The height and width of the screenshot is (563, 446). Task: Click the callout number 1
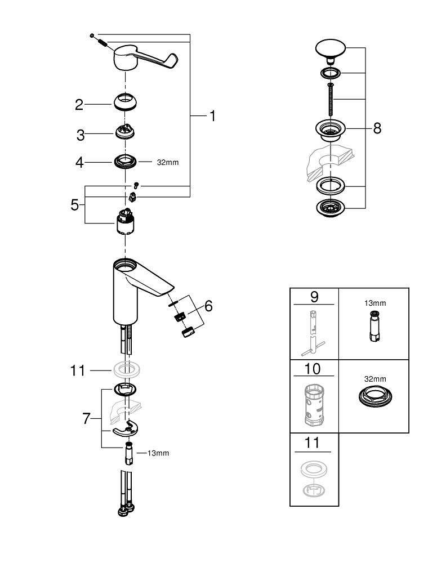(212, 116)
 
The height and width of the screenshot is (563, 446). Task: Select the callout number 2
(79, 104)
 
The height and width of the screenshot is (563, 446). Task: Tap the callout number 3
(81, 135)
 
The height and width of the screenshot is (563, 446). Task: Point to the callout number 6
(208, 306)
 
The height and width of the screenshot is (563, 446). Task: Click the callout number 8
(377, 128)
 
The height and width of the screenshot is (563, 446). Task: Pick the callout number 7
(86, 419)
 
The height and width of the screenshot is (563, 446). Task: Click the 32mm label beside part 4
(167, 162)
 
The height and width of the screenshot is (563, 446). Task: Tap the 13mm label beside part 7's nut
(158, 453)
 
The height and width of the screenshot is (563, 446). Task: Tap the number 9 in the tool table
(314, 296)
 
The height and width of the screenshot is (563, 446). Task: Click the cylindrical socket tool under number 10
(314, 404)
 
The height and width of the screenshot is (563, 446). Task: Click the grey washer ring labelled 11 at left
(127, 370)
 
